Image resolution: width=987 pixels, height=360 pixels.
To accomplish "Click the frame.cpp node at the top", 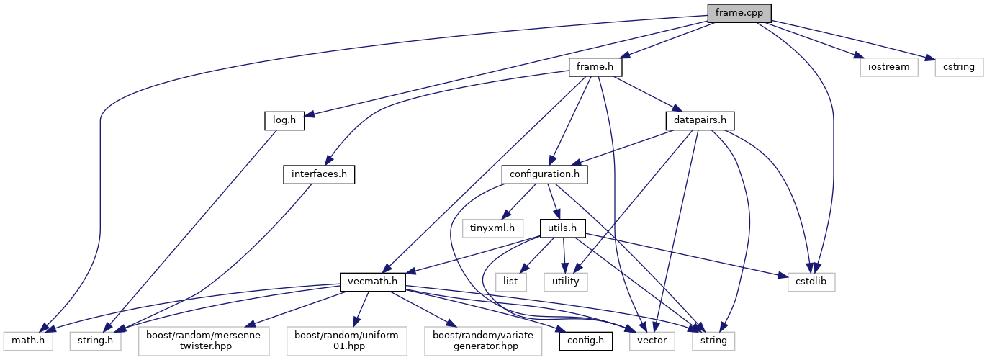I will point(739,13).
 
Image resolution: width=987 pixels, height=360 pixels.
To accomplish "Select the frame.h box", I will point(595,67).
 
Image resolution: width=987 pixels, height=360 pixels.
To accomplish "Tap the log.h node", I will point(283,121).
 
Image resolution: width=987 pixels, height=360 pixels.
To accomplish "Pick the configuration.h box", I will point(545,174).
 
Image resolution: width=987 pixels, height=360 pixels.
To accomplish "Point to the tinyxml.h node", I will point(492,228).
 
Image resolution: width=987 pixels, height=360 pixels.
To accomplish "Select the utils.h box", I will point(563,228).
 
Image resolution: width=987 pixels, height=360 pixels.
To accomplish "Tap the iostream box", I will point(888,67).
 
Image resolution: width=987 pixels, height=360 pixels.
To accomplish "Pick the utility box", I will point(565,282).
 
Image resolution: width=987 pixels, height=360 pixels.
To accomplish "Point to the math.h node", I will point(28,338).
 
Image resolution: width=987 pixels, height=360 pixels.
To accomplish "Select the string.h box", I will point(95,338).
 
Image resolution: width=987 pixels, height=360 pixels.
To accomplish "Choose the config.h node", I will point(586,338).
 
